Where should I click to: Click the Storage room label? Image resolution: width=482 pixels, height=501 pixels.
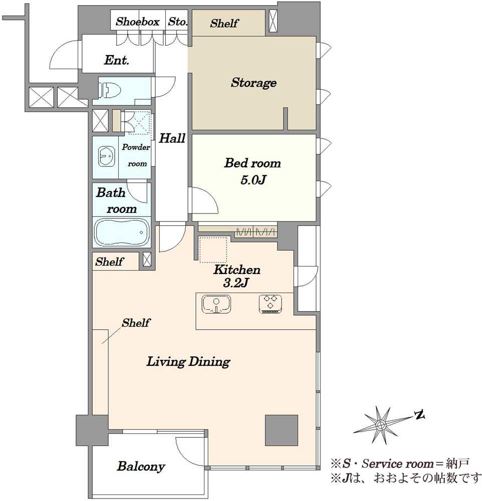[254, 83]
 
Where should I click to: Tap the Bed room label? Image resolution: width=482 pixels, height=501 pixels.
[253, 163]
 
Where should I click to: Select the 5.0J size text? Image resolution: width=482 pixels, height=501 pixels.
[253, 180]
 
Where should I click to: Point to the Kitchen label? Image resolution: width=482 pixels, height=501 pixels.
[237, 270]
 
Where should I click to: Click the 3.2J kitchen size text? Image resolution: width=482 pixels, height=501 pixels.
[236, 283]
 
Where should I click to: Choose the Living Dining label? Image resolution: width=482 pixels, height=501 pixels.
[188, 362]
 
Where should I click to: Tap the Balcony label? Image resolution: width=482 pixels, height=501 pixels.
[141, 466]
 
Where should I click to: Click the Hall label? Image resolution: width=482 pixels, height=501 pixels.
[172, 138]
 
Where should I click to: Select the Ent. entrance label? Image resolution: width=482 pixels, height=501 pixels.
[116, 60]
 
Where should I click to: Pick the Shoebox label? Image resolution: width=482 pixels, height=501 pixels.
[137, 22]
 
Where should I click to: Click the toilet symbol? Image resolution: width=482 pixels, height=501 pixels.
[109, 90]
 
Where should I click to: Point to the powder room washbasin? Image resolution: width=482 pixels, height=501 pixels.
[106, 156]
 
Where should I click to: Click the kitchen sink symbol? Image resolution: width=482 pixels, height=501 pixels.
[216, 304]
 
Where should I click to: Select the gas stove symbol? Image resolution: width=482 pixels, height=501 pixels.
[271, 304]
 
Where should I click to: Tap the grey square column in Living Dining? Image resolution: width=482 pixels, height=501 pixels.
[282, 430]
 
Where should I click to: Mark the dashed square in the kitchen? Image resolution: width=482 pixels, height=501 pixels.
[213, 250]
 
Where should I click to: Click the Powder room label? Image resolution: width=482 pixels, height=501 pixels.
[136, 155]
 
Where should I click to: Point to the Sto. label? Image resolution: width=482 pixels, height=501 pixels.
[177, 22]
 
